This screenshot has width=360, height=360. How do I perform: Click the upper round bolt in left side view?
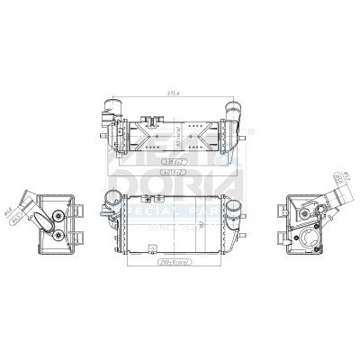(x=58, y=215)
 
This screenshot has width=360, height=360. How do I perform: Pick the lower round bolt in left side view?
(x=58, y=235)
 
